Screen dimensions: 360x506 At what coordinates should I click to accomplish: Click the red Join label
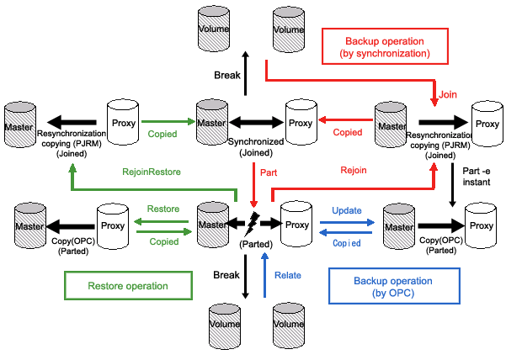[x=448, y=96]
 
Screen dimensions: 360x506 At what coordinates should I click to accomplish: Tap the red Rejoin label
[x=354, y=171]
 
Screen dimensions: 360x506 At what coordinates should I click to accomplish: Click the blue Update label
[x=347, y=209]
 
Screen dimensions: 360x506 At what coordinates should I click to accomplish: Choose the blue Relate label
[x=288, y=275]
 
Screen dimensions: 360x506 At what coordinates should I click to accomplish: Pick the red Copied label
[x=348, y=132]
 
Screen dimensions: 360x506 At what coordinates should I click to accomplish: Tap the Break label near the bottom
[x=226, y=275]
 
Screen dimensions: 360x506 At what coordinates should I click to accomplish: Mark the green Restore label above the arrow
[x=162, y=208]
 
